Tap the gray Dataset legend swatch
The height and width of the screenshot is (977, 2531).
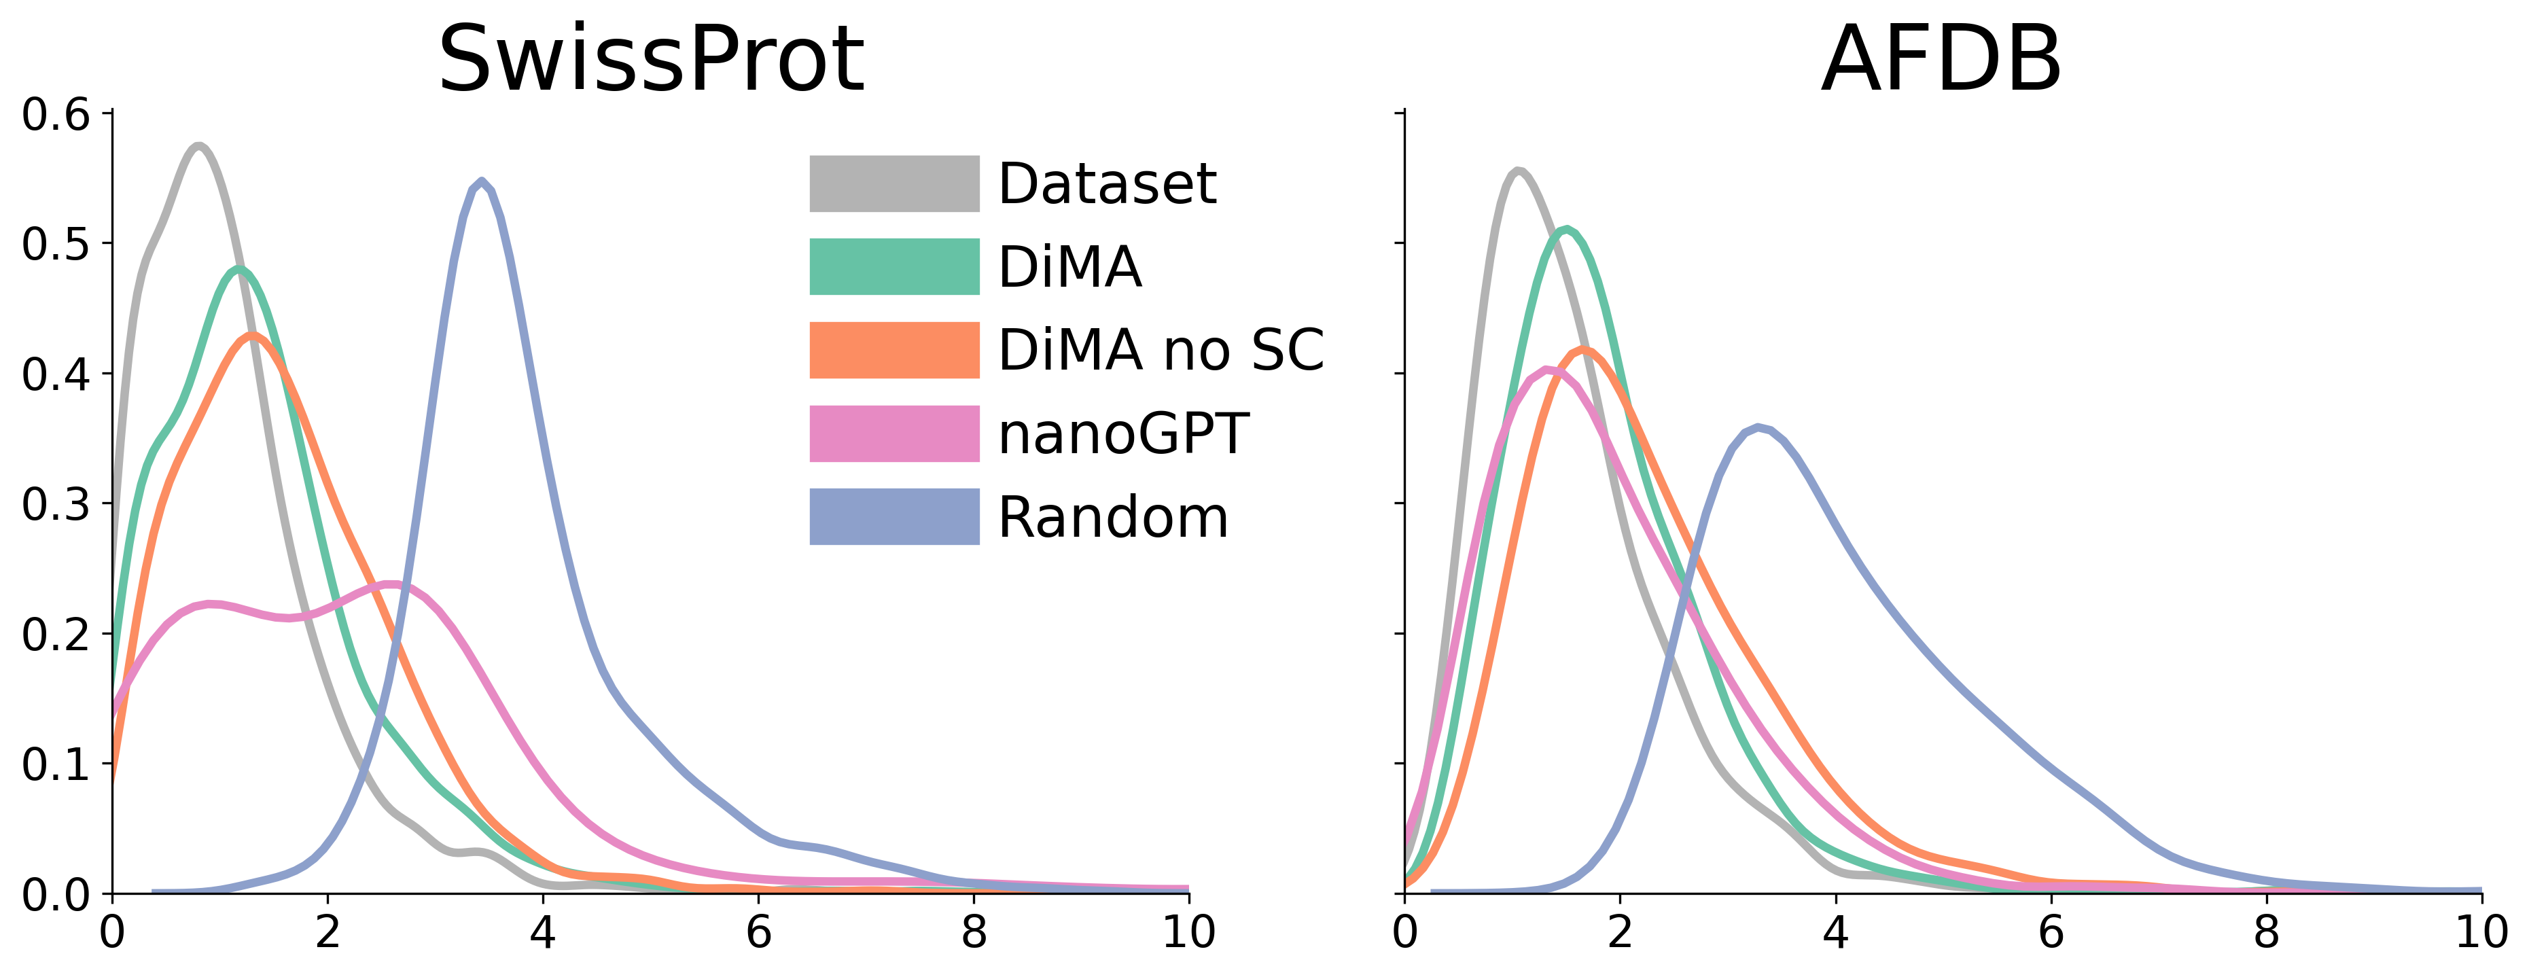click(x=894, y=184)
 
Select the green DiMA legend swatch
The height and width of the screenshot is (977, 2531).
click(x=894, y=266)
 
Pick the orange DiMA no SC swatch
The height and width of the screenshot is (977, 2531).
click(x=894, y=350)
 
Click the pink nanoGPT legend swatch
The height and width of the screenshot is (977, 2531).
click(x=894, y=433)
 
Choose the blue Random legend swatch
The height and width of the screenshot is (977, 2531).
click(x=894, y=517)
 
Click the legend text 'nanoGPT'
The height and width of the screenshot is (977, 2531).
click(x=1123, y=433)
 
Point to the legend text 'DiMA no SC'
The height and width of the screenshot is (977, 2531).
click(x=1161, y=350)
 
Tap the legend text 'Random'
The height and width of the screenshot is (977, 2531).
click(x=1113, y=517)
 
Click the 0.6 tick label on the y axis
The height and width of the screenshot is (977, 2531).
click(x=55, y=115)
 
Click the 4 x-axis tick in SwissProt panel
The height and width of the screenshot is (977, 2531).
click(x=542, y=931)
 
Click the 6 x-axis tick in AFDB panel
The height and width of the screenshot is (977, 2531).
click(x=2051, y=931)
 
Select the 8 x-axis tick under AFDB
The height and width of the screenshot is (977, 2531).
click(x=2266, y=931)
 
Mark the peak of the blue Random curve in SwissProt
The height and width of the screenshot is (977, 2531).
click(x=480, y=182)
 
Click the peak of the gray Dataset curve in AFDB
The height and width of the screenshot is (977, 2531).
click(x=1518, y=171)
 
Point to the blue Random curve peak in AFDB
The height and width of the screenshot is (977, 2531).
click(x=1758, y=427)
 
